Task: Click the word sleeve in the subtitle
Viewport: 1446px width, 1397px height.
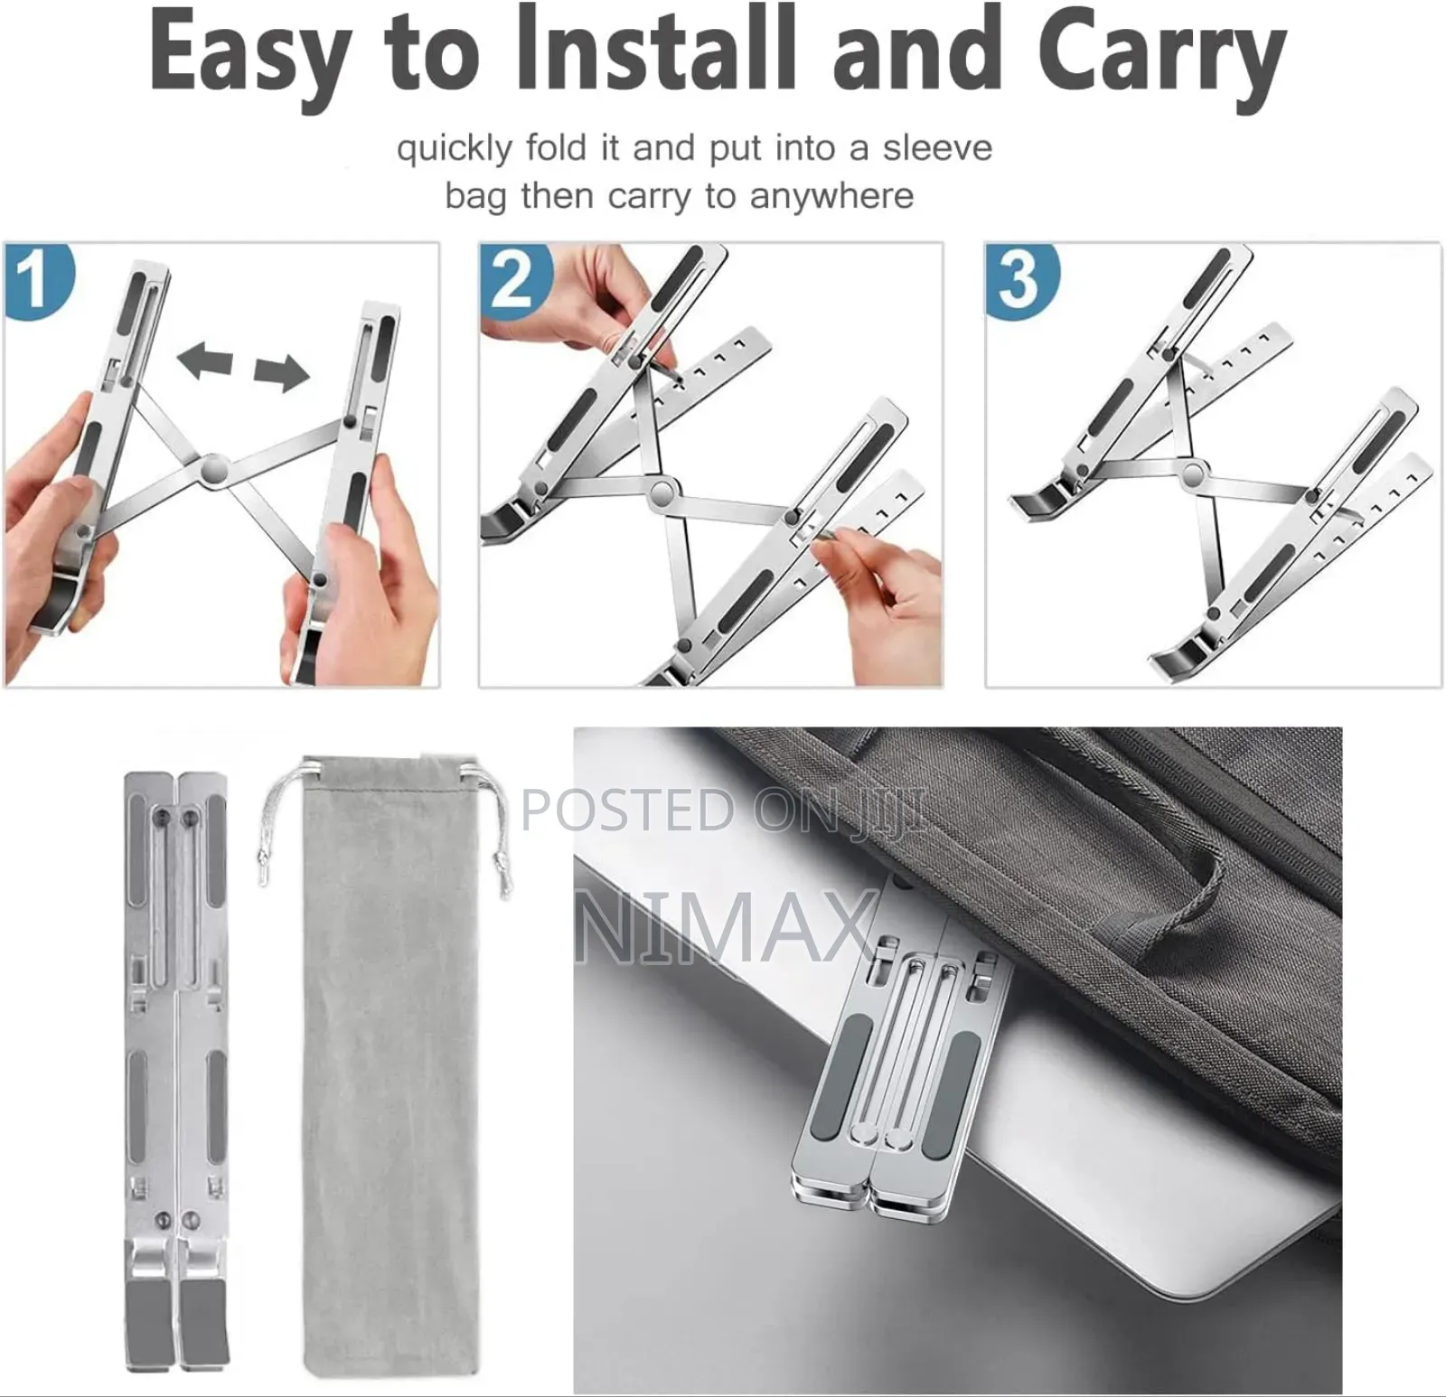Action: (x=937, y=147)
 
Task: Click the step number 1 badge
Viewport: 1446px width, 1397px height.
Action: (x=37, y=280)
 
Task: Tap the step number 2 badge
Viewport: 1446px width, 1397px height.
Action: (x=513, y=278)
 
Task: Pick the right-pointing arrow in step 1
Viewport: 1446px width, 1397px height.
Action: (x=281, y=371)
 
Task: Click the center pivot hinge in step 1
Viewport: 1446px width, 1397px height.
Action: (x=213, y=469)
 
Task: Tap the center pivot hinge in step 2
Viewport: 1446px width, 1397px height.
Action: (x=664, y=494)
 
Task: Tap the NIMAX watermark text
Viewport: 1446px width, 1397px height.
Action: (x=728, y=926)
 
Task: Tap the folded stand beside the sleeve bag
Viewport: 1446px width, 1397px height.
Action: (x=177, y=1066)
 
